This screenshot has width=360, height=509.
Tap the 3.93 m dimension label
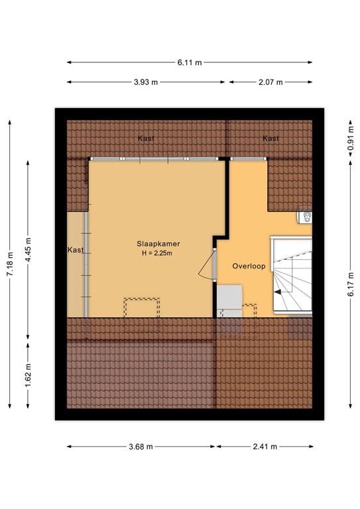pyautogui.click(x=146, y=82)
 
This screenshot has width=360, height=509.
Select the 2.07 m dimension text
pyautogui.click(x=270, y=82)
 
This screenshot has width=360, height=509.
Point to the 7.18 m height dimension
pyautogui.click(x=10, y=264)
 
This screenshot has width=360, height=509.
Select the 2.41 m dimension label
pyautogui.click(x=264, y=447)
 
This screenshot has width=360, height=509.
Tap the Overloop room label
pyautogui.click(x=249, y=266)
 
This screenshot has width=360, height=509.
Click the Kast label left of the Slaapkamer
pyautogui.click(x=76, y=250)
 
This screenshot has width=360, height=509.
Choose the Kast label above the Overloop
pyautogui.click(x=270, y=139)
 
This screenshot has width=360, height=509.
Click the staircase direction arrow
pyautogui.click(x=281, y=282)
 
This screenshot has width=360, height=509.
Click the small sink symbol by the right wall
pyautogui.click(x=306, y=217)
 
